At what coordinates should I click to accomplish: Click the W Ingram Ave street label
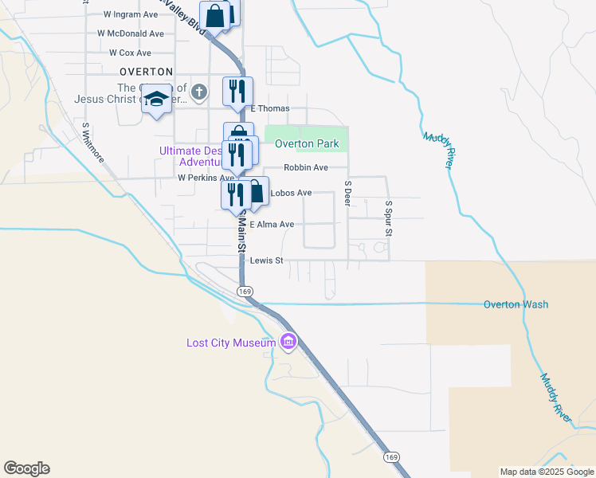(x=131, y=14)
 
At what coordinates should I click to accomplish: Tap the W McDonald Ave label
(x=131, y=33)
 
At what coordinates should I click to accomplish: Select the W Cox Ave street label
(x=130, y=53)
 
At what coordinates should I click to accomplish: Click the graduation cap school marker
(x=157, y=99)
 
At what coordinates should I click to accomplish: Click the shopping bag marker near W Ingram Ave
(x=215, y=15)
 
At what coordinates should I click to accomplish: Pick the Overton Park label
(x=307, y=144)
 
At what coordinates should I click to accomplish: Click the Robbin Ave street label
(x=306, y=168)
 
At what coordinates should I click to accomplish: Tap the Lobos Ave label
(x=291, y=193)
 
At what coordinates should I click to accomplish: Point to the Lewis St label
(x=266, y=261)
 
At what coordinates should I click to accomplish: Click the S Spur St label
(x=389, y=217)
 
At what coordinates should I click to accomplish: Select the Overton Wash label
(x=516, y=304)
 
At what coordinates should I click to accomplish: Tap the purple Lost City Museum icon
(x=288, y=343)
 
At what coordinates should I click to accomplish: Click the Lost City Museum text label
(x=231, y=343)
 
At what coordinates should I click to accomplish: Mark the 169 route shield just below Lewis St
(x=244, y=292)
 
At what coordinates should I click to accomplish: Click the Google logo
(x=26, y=468)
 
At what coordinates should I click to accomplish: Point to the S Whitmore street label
(x=92, y=142)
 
